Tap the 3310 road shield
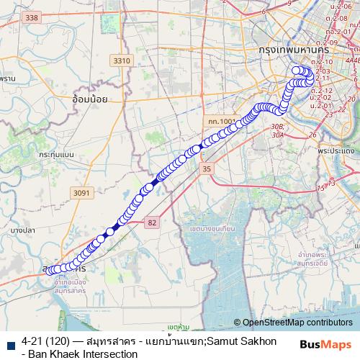coord(122,60)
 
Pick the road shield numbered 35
coord(207,168)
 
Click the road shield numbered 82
coord(151,223)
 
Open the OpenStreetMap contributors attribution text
coord(297,323)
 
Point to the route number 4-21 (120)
coord(50,340)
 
